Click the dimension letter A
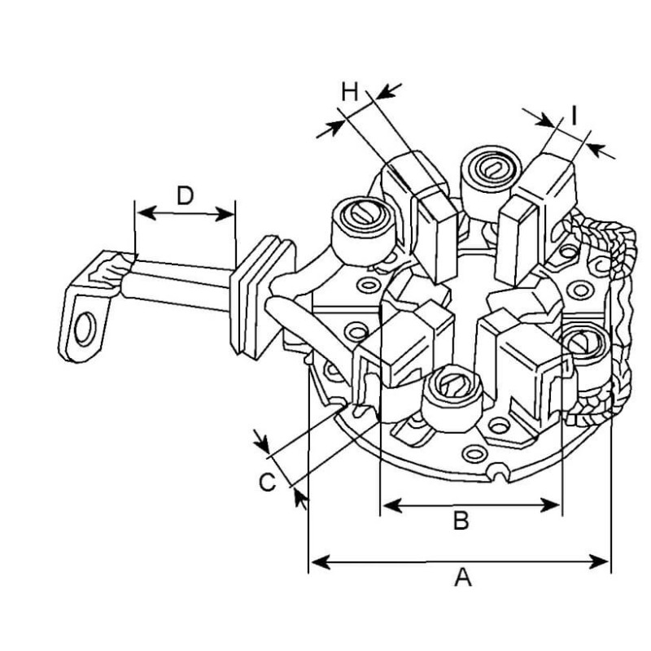[462, 578]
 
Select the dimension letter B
[461, 521]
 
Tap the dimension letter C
[267, 483]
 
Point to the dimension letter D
[186, 195]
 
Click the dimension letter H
[349, 91]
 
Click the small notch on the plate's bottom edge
[495, 472]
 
